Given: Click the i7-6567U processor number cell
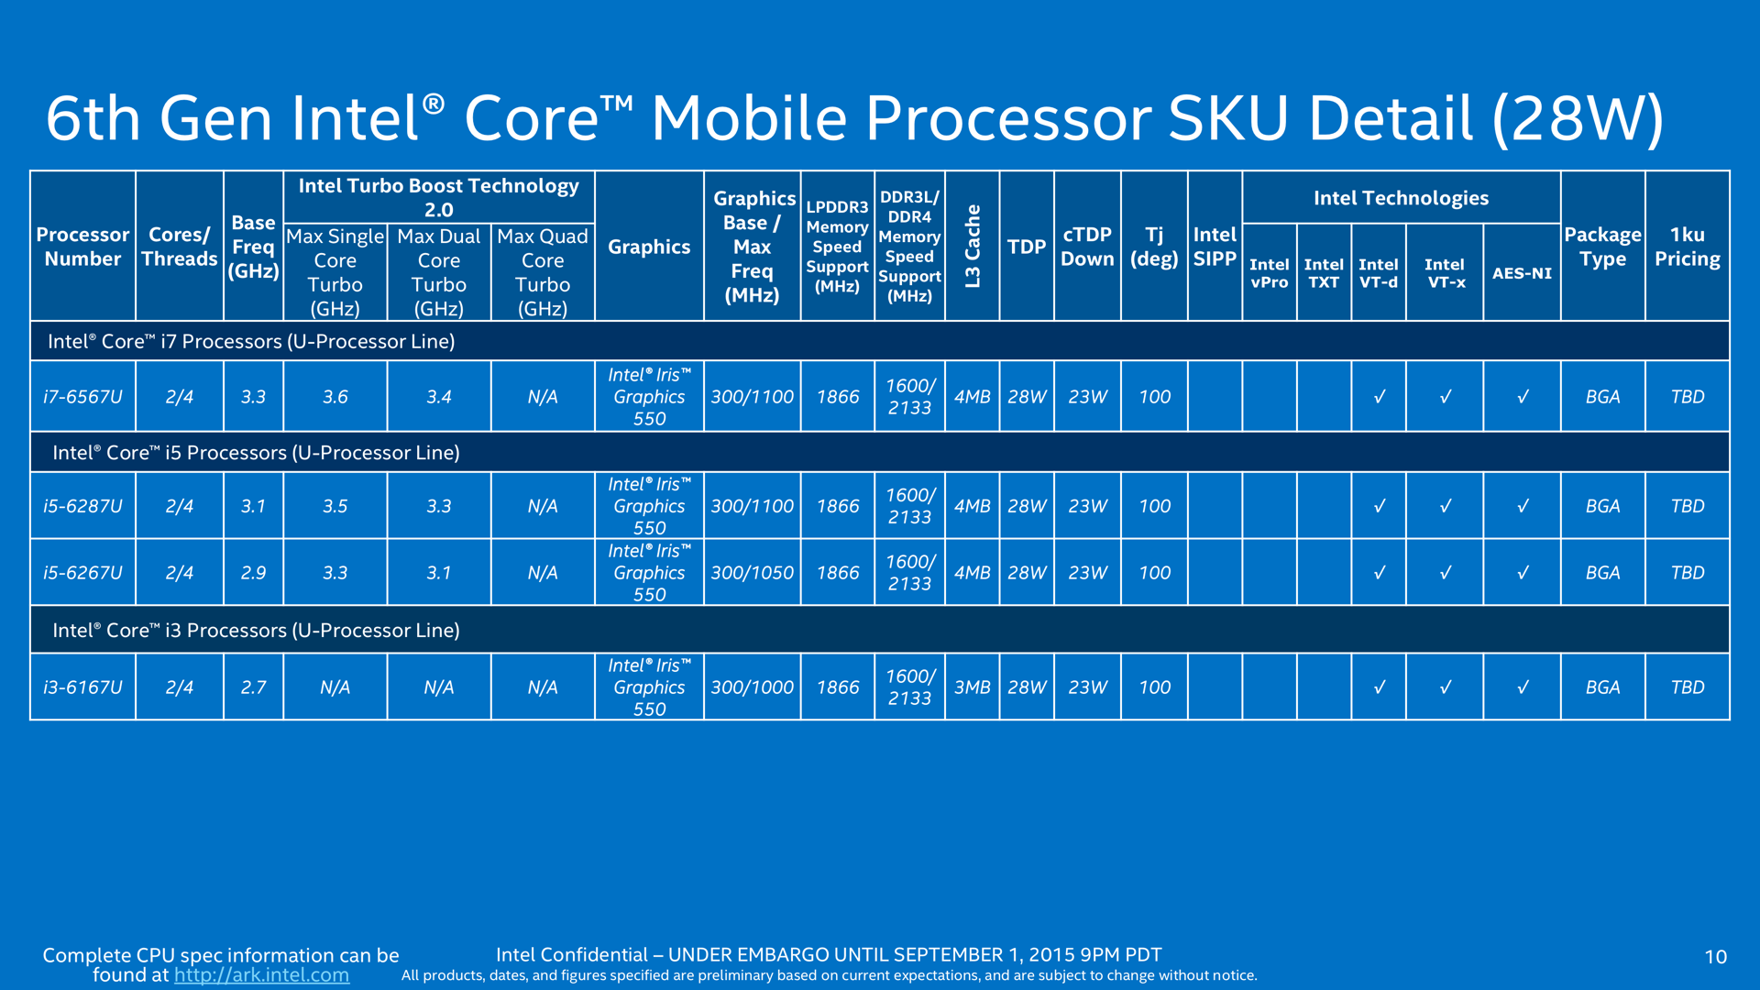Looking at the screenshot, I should pyautogui.click(x=82, y=397).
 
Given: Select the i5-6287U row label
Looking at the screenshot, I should pyautogui.click(x=82, y=506).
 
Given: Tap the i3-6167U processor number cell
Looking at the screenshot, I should pyautogui.click(x=82, y=687).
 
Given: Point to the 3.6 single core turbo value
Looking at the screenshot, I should pyautogui.click(x=335, y=397).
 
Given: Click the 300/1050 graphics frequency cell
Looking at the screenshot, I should pyautogui.click(x=752, y=573).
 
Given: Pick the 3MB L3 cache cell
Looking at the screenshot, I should pyautogui.click(x=972, y=687).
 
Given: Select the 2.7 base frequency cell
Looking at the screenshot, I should pyautogui.click(x=253, y=687).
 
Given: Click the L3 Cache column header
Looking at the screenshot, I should pyautogui.click(x=973, y=247).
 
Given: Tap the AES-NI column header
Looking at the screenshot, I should pyautogui.click(x=1522, y=273).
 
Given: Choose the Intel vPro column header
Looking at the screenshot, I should pyautogui.click(x=1269, y=273).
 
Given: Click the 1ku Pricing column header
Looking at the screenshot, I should pyautogui.click(x=1687, y=247).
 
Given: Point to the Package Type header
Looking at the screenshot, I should pyautogui.click(x=1602, y=247).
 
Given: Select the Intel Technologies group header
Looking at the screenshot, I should pyautogui.click(x=1401, y=198).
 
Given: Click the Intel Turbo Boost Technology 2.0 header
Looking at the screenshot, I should pyautogui.click(x=438, y=197).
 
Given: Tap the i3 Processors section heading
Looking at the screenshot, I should pyautogui.click(x=256, y=631).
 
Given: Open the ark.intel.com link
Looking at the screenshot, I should pyautogui.click(x=261, y=975).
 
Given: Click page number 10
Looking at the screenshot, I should pyautogui.click(x=1715, y=957).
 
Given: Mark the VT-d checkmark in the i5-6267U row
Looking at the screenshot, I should pyautogui.click(x=1379, y=573).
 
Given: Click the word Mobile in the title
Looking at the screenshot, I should pyautogui.click(x=748, y=118).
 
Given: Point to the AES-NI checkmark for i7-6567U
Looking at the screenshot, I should pyautogui.click(x=1522, y=397).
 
